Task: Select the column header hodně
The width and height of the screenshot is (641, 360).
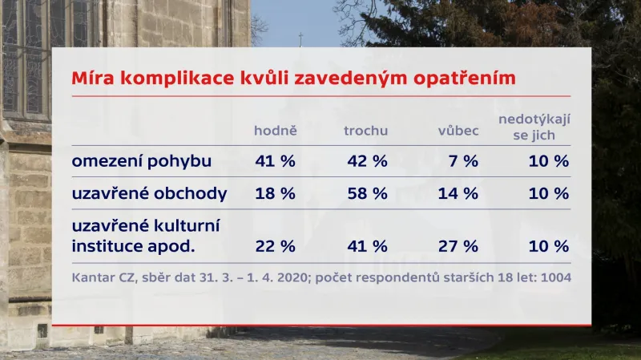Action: [x=275, y=131]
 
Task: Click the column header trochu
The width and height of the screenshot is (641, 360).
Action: [x=366, y=131]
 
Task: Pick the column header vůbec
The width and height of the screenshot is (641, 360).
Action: [x=458, y=131]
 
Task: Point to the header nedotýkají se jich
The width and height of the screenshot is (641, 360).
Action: [x=534, y=127]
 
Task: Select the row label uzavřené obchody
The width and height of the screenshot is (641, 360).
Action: [x=150, y=193]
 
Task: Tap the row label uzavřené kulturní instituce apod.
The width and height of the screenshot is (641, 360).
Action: [x=145, y=236]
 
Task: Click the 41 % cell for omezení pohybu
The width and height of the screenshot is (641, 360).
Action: [x=275, y=160]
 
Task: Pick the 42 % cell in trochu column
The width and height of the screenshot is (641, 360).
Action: [x=367, y=160]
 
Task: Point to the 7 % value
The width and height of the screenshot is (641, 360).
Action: [x=464, y=160]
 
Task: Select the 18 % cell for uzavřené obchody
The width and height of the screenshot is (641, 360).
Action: [x=275, y=193]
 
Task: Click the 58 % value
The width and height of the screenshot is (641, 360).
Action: [x=367, y=193]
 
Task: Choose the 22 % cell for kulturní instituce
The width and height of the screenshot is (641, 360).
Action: [x=275, y=245]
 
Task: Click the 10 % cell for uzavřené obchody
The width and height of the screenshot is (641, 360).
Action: [x=549, y=193]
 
